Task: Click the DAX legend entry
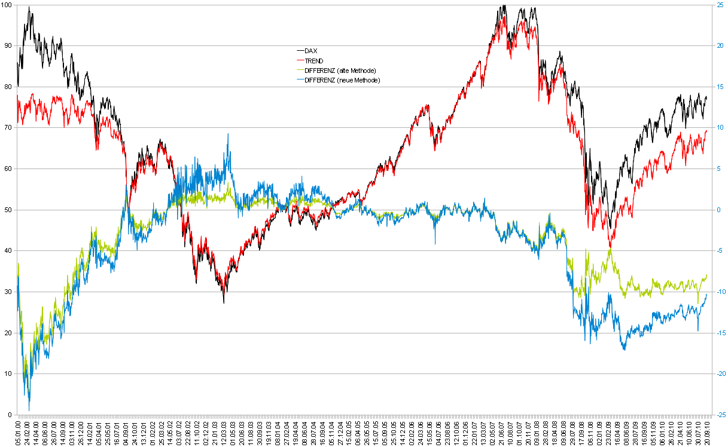click(310, 51)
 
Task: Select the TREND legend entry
click(313, 61)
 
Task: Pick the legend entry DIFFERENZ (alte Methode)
click(340, 71)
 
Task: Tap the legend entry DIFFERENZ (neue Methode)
click(342, 80)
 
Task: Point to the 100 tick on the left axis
click(7, 5)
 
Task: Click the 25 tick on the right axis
click(720, 5)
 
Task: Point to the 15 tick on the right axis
click(720, 87)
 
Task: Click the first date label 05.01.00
click(19, 431)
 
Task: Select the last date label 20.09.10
click(707, 431)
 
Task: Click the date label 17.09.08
click(581, 431)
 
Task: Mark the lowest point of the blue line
click(29, 410)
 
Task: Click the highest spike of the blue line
click(228, 134)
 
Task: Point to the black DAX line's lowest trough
click(224, 302)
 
